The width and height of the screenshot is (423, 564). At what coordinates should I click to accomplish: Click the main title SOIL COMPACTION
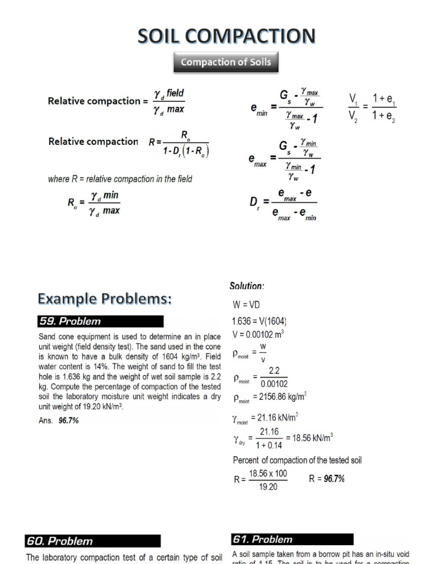point(226,36)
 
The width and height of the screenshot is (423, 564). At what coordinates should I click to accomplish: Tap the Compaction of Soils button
point(226,62)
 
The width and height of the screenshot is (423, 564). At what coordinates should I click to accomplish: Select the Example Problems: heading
point(105,299)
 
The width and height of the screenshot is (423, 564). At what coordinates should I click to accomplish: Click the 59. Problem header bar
point(100,321)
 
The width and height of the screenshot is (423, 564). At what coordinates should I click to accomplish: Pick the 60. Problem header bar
point(93,541)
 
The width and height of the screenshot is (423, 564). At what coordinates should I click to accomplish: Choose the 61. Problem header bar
point(292,539)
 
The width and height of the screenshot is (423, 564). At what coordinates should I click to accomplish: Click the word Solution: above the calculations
point(247,286)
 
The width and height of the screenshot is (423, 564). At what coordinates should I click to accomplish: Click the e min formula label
point(258,112)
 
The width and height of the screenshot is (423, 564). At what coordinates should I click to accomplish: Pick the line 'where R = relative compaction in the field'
point(120,179)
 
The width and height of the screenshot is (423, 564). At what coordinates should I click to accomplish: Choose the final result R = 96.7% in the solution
point(327,479)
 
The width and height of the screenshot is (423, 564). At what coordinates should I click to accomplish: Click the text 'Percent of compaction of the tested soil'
point(297,460)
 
